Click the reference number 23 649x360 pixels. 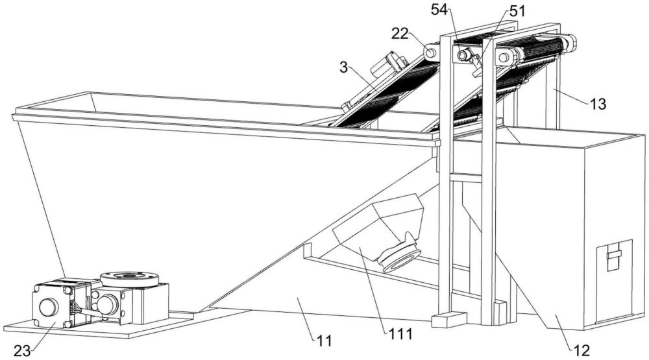(x=22, y=352)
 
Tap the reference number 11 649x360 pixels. (x=324, y=341)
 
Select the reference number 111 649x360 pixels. (x=400, y=333)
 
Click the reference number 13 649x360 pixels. (x=598, y=104)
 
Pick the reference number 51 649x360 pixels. (x=517, y=11)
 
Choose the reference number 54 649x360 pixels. (x=439, y=10)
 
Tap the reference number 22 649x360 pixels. (x=400, y=34)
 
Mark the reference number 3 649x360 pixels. (x=343, y=67)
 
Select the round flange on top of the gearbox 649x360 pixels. (x=129, y=279)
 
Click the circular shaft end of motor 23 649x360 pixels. (x=49, y=307)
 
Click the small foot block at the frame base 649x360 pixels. (x=449, y=319)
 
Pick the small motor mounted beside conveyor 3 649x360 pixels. (x=387, y=66)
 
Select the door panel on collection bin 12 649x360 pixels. (x=614, y=281)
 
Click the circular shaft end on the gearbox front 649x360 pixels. (x=107, y=305)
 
